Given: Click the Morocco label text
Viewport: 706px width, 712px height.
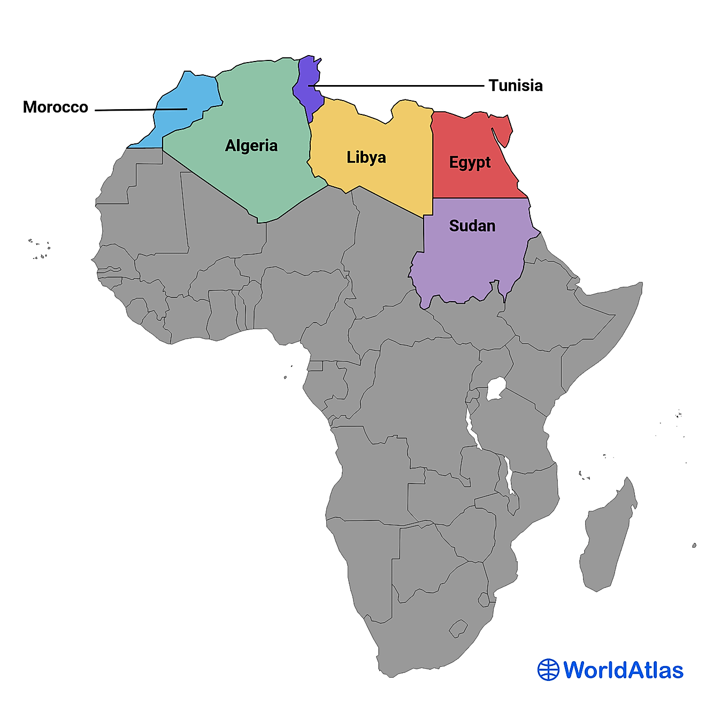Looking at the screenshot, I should pyautogui.click(x=55, y=107).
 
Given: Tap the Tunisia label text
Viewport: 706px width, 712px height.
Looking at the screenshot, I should pyautogui.click(x=515, y=86).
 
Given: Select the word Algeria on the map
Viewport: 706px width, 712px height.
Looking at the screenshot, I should pyautogui.click(x=251, y=146).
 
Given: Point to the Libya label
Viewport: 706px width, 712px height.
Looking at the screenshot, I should pyautogui.click(x=366, y=157).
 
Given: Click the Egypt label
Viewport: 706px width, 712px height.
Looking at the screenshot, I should pyautogui.click(x=470, y=162).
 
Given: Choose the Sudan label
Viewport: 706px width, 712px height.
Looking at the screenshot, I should pyautogui.click(x=472, y=226).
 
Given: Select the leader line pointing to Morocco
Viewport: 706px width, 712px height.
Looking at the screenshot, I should pyautogui.click(x=139, y=110).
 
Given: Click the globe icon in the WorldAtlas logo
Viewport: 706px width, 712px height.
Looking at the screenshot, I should pyautogui.click(x=548, y=670).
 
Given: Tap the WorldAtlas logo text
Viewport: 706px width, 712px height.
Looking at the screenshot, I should pyautogui.click(x=624, y=670).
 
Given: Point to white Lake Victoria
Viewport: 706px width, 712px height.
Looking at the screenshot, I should pyautogui.click(x=496, y=388).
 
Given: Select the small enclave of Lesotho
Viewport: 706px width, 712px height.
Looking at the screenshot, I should pyautogui.click(x=458, y=629).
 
